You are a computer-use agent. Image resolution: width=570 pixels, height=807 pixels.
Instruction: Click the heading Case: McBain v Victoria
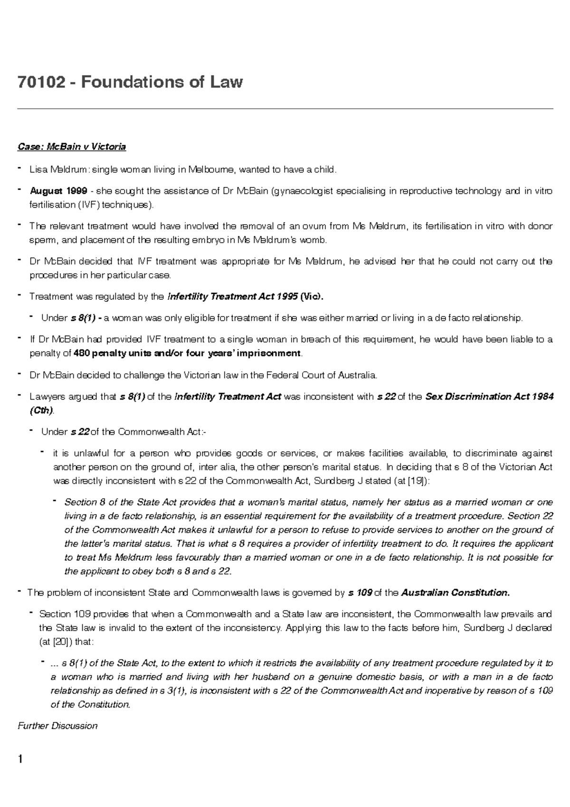pos(72,147)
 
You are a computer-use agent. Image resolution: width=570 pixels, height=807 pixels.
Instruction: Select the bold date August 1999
pos(58,192)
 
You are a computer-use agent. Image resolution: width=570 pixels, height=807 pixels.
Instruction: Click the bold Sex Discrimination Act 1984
pos(489,396)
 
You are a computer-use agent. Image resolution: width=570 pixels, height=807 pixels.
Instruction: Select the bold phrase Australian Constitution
pos(455,593)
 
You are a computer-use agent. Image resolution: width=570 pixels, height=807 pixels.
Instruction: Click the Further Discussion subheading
pos(57,726)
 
